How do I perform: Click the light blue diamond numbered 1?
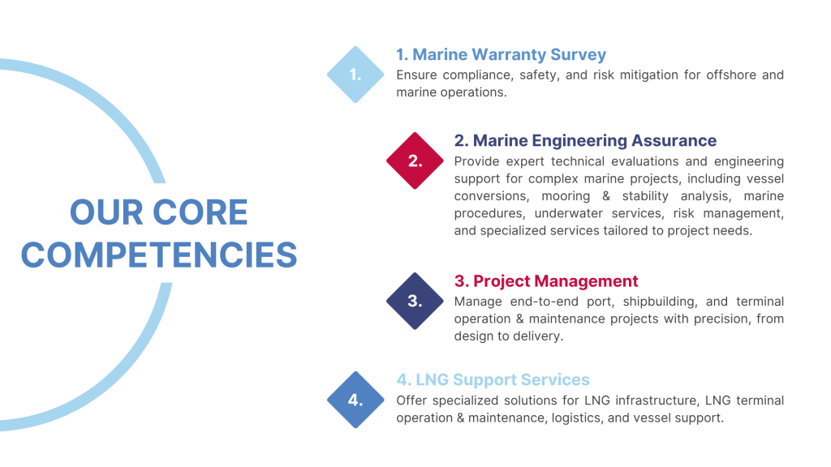[x=355, y=75]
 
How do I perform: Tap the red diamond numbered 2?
[x=415, y=161]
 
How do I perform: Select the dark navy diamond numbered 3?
[x=415, y=301]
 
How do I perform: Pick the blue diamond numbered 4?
[x=355, y=400]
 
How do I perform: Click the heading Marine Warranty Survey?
[x=501, y=54]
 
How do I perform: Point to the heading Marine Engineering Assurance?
[x=585, y=140]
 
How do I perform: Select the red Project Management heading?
[x=546, y=281]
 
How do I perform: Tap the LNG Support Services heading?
[x=493, y=379]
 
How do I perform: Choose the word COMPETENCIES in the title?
[x=159, y=255]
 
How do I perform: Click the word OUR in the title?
[x=106, y=212]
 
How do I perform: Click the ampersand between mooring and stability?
[x=606, y=196]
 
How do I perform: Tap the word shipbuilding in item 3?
[x=659, y=302]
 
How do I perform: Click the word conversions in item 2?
[x=491, y=196]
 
